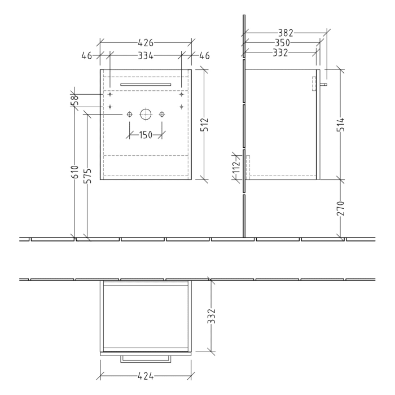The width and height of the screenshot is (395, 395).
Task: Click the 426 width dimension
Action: [x=146, y=42]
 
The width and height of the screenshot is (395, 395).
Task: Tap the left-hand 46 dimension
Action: [x=87, y=55]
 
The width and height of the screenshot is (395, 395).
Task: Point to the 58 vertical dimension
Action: [x=74, y=100]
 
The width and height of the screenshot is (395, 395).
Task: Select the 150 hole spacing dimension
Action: [x=146, y=135]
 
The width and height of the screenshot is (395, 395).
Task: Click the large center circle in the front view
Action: [x=146, y=115]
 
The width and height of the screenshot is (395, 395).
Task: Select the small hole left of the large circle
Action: [x=130, y=115]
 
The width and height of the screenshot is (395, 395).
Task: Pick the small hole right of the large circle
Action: [x=162, y=115]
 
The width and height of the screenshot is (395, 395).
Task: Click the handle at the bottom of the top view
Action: [x=146, y=359]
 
